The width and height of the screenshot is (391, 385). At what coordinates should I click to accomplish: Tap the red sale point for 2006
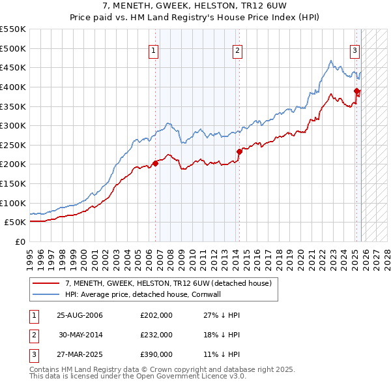156,163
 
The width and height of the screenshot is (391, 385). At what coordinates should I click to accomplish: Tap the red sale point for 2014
239,151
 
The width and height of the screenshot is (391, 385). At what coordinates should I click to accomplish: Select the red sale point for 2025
356,91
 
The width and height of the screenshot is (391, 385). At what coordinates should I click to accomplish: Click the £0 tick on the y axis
21,241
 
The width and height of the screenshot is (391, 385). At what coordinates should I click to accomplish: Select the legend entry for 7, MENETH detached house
172,283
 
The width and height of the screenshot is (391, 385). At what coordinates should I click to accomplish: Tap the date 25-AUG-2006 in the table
80,315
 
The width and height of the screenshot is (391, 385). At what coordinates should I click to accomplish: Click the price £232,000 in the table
156,335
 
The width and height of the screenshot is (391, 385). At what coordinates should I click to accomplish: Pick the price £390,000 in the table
156,354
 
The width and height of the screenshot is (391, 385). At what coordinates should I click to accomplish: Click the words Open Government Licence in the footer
177,377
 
